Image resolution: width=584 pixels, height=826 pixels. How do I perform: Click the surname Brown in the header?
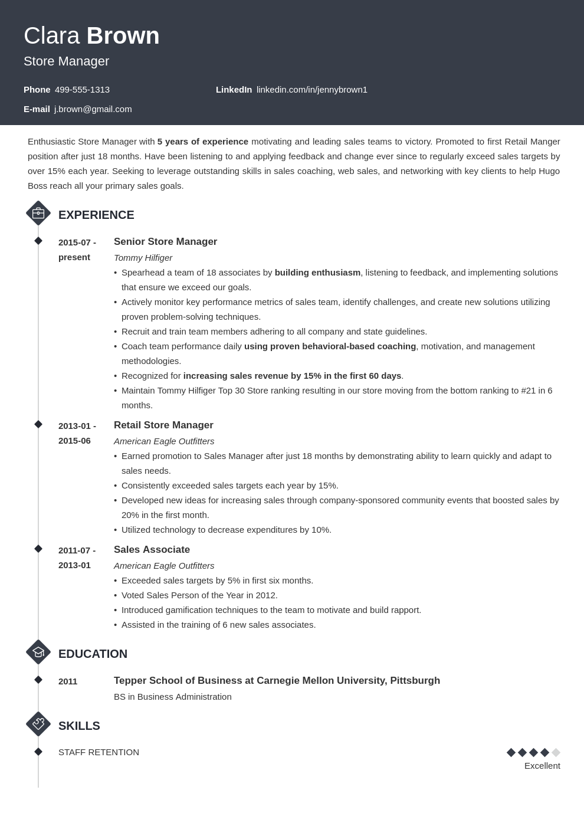coord(123,36)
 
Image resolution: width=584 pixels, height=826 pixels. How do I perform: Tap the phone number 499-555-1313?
coord(82,90)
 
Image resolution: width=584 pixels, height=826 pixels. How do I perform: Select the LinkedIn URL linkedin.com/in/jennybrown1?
coord(311,90)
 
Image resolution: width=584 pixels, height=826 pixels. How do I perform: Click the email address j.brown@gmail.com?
coord(93,109)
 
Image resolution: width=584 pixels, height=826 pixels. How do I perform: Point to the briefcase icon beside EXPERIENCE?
coord(38,214)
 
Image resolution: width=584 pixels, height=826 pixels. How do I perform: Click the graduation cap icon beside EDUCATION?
coord(38,653)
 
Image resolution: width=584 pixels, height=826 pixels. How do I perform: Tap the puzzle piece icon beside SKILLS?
coord(38,724)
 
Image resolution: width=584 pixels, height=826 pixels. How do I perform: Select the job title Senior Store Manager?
coord(165,242)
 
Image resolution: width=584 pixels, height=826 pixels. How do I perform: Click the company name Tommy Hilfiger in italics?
coord(143,258)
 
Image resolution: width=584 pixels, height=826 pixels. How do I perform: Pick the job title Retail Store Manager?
coord(163,425)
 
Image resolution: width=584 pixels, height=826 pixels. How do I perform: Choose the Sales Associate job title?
coord(152,550)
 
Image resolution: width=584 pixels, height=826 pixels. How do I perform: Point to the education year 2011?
coord(68,681)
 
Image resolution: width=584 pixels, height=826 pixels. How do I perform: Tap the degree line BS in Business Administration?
coord(172,697)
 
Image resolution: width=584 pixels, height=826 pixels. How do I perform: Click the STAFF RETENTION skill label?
coord(99,752)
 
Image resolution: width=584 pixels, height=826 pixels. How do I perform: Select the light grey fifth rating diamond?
coord(556,752)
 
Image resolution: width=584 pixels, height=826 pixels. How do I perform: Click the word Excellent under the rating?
coord(542,766)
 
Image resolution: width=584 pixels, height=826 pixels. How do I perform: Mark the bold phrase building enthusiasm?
coord(317,273)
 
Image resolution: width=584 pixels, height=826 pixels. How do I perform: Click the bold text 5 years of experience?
coord(202,142)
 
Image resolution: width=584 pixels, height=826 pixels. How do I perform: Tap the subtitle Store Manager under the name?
coord(66,61)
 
